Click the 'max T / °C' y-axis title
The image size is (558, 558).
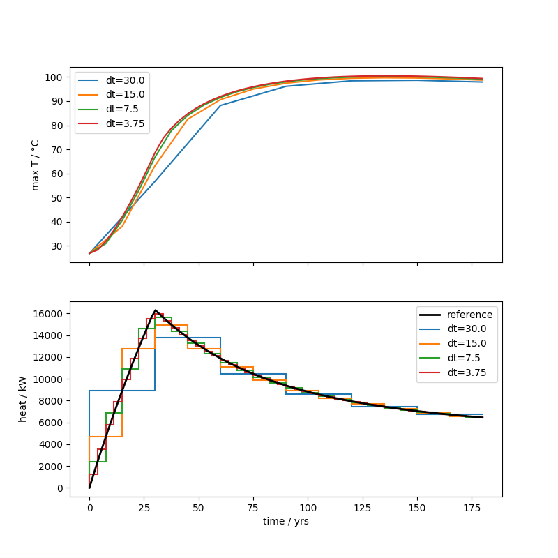point(36,165)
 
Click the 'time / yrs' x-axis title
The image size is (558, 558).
point(285,521)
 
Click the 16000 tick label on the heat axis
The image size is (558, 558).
point(48,314)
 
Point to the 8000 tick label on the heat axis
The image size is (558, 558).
point(51,401)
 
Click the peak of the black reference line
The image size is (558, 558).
point(156,310)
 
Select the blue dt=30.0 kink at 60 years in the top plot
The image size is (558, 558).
point(220,105)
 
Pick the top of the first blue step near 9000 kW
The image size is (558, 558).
point(122,391)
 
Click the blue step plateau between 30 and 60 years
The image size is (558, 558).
point(188,338)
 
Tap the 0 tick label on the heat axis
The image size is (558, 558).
point(61,488)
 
